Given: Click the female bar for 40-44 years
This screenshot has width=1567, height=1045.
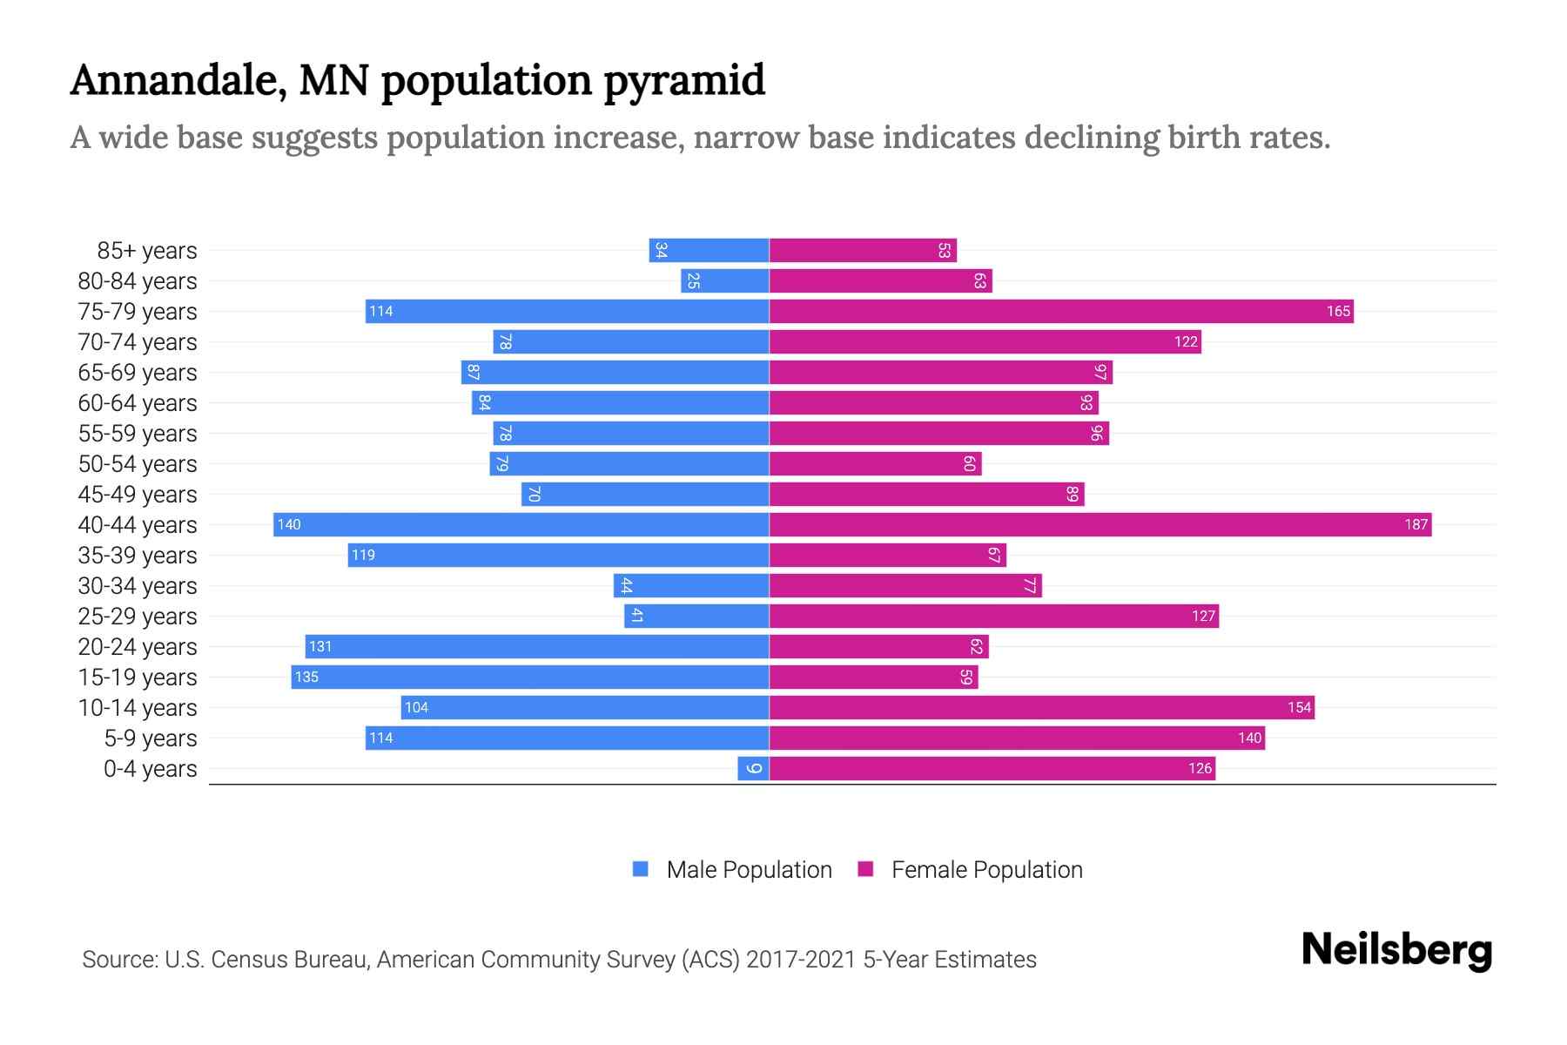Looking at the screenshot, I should click(1100, 524).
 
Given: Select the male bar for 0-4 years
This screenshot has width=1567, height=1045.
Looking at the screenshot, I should click(753, 768).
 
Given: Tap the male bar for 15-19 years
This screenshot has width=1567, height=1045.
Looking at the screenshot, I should click(529, 677).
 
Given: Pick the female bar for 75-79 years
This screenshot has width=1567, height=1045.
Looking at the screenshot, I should click(1061, 311).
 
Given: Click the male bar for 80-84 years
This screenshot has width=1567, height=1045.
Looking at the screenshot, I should click(724, 280).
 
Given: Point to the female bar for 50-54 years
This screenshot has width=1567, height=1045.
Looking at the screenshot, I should click(875, 463).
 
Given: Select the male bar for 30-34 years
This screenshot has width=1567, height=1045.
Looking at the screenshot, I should click(691, 585).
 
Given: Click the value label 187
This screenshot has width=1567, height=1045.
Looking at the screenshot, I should click(1416, 524).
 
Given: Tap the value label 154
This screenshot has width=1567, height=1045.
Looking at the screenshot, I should click(1299, 707).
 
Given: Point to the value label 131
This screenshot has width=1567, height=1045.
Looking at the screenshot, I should click(320, 646).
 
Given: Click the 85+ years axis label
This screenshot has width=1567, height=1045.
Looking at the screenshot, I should click(147, 251).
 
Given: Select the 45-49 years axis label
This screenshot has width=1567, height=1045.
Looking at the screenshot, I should click(138, 495).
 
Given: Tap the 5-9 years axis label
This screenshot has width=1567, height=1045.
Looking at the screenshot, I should click(151, 738).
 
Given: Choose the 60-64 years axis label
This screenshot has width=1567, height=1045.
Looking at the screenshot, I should click(138, 403).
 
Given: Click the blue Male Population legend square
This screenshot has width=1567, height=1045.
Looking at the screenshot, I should click(641, 869).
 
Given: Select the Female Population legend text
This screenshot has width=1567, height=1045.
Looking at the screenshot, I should click(986, 869).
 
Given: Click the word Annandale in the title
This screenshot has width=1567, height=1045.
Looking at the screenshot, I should click(178, 81).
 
